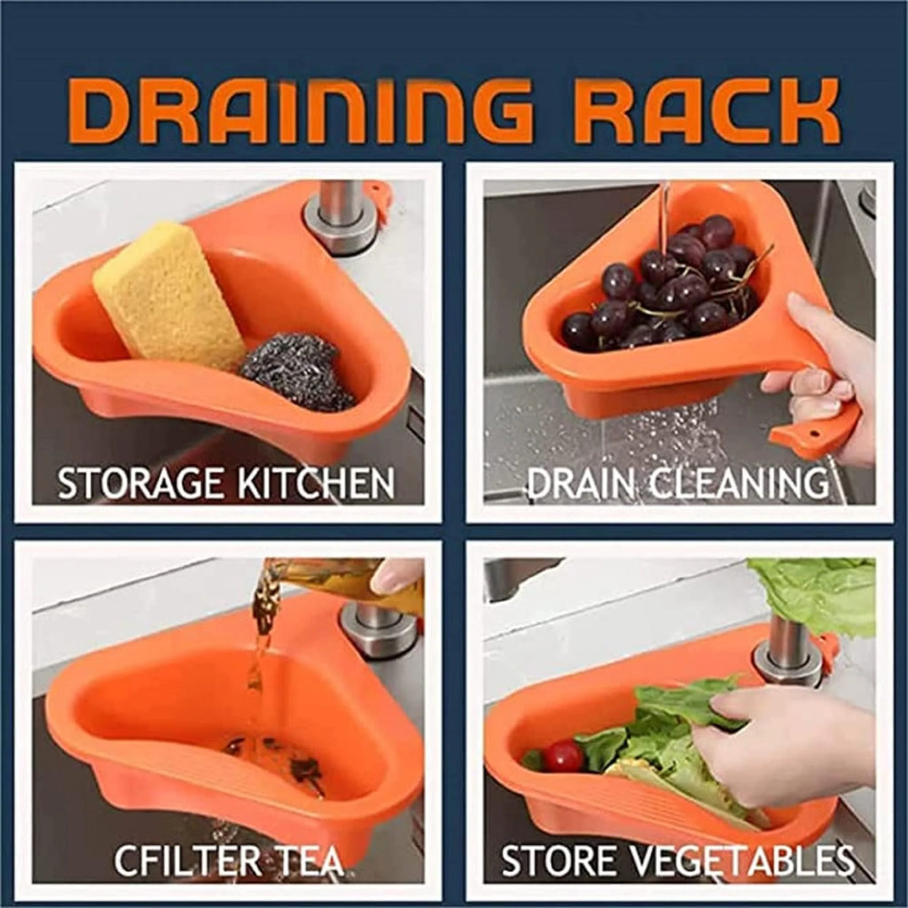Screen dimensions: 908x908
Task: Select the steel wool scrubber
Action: (x=298, y=372)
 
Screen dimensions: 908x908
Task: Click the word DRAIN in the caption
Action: (x=581, y=484)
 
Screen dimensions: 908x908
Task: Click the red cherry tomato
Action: (x=564, y=756)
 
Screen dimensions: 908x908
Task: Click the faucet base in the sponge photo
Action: (x=342, y=217)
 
